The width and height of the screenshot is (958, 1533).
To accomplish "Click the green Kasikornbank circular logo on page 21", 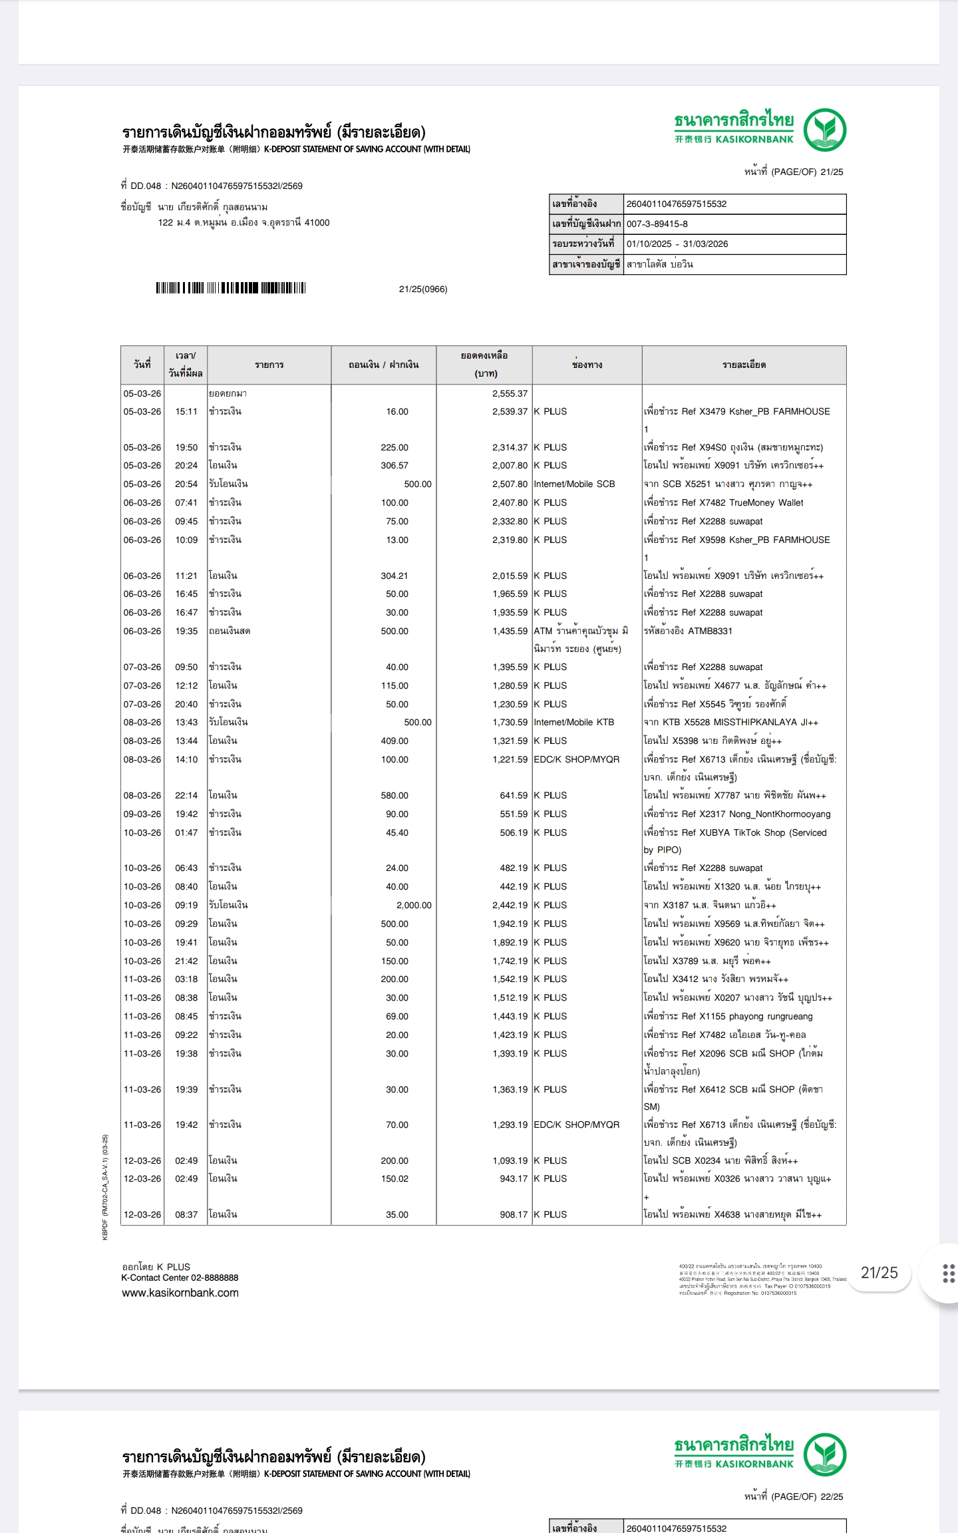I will tap(824, 130).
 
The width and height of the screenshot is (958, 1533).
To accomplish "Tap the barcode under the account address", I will tap(230, 288).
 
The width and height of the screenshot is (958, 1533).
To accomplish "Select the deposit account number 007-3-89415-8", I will tap(657, 224).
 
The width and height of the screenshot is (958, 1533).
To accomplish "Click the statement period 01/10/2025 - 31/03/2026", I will tap(677, 244).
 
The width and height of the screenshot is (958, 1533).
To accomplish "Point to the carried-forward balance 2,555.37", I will tap(510, 394).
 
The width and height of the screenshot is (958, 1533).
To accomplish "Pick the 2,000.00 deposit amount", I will tap(414, 906).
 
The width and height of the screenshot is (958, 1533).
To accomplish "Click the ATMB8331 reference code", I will tap(710, 631).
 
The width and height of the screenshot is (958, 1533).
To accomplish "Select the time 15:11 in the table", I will tap(186, 412).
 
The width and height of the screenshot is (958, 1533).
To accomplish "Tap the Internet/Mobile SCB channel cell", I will tap(574, 484).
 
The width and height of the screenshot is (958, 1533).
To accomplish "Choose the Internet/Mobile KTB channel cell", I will tap(573, 723).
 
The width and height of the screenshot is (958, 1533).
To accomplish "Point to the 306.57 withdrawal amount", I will tap(395, 466).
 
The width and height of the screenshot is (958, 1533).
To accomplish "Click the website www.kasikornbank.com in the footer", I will tap(180, 1293).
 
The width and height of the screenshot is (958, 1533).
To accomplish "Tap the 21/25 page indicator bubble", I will tap(879, 1273).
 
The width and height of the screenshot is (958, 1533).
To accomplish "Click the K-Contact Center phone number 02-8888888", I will tap(215, 1277).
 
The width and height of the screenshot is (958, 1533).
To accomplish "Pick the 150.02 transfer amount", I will tap(395, 1178).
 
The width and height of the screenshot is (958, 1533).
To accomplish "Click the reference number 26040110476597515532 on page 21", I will tap(676, 204).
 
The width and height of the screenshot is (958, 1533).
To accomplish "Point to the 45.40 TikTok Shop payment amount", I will tap(397, 833).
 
